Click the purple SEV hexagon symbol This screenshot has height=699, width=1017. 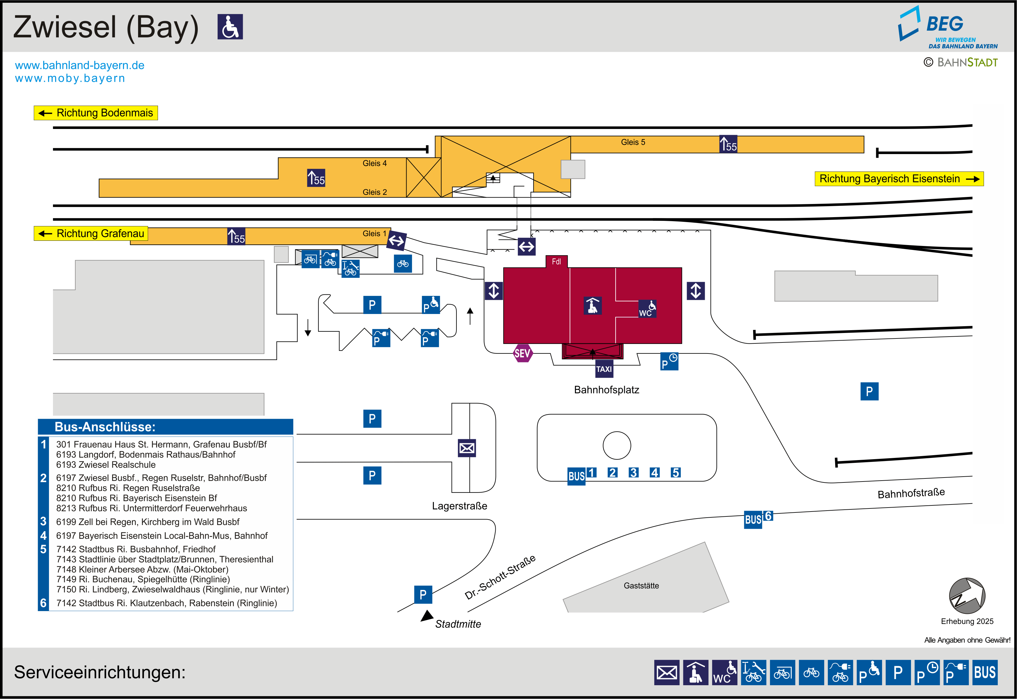523,353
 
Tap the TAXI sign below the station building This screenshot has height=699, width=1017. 604,369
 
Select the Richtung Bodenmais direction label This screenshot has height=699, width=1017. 96,113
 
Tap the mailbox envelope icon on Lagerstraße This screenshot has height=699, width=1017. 467,448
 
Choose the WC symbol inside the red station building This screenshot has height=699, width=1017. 647,308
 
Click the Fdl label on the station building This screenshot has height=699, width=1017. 556,262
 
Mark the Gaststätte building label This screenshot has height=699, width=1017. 641,586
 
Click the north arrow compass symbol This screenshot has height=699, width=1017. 967,596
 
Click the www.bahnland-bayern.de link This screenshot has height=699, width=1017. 80,65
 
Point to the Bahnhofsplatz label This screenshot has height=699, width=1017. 606,390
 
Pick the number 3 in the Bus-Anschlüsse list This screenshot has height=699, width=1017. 43,521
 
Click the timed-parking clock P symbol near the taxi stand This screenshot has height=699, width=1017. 669,361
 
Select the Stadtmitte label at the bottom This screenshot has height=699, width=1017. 458,624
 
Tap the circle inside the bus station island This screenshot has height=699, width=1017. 617,445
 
